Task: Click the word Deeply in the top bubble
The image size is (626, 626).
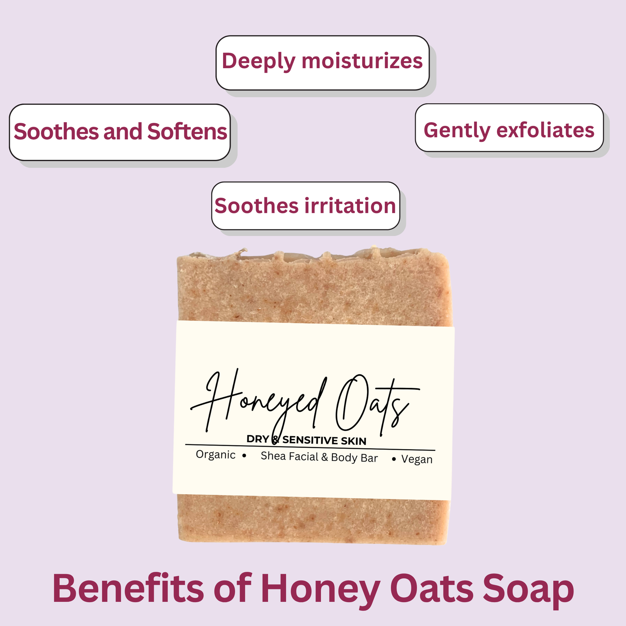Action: click(x=259, y=61)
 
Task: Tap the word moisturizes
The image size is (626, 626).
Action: click(x=362, y=61)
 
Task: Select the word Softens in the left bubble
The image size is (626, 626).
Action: click(x=187, y=132)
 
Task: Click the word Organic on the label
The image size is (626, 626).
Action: click(x=216, y=455)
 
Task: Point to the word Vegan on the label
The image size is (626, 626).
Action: click(x=417, y=459)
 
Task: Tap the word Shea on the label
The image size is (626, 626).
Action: click(x=273, y=456)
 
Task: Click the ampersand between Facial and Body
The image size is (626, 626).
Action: click(x=325, y=457)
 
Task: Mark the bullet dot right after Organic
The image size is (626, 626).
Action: click(x=244, y=456)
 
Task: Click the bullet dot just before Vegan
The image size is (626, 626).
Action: click(x=394, y=459)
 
